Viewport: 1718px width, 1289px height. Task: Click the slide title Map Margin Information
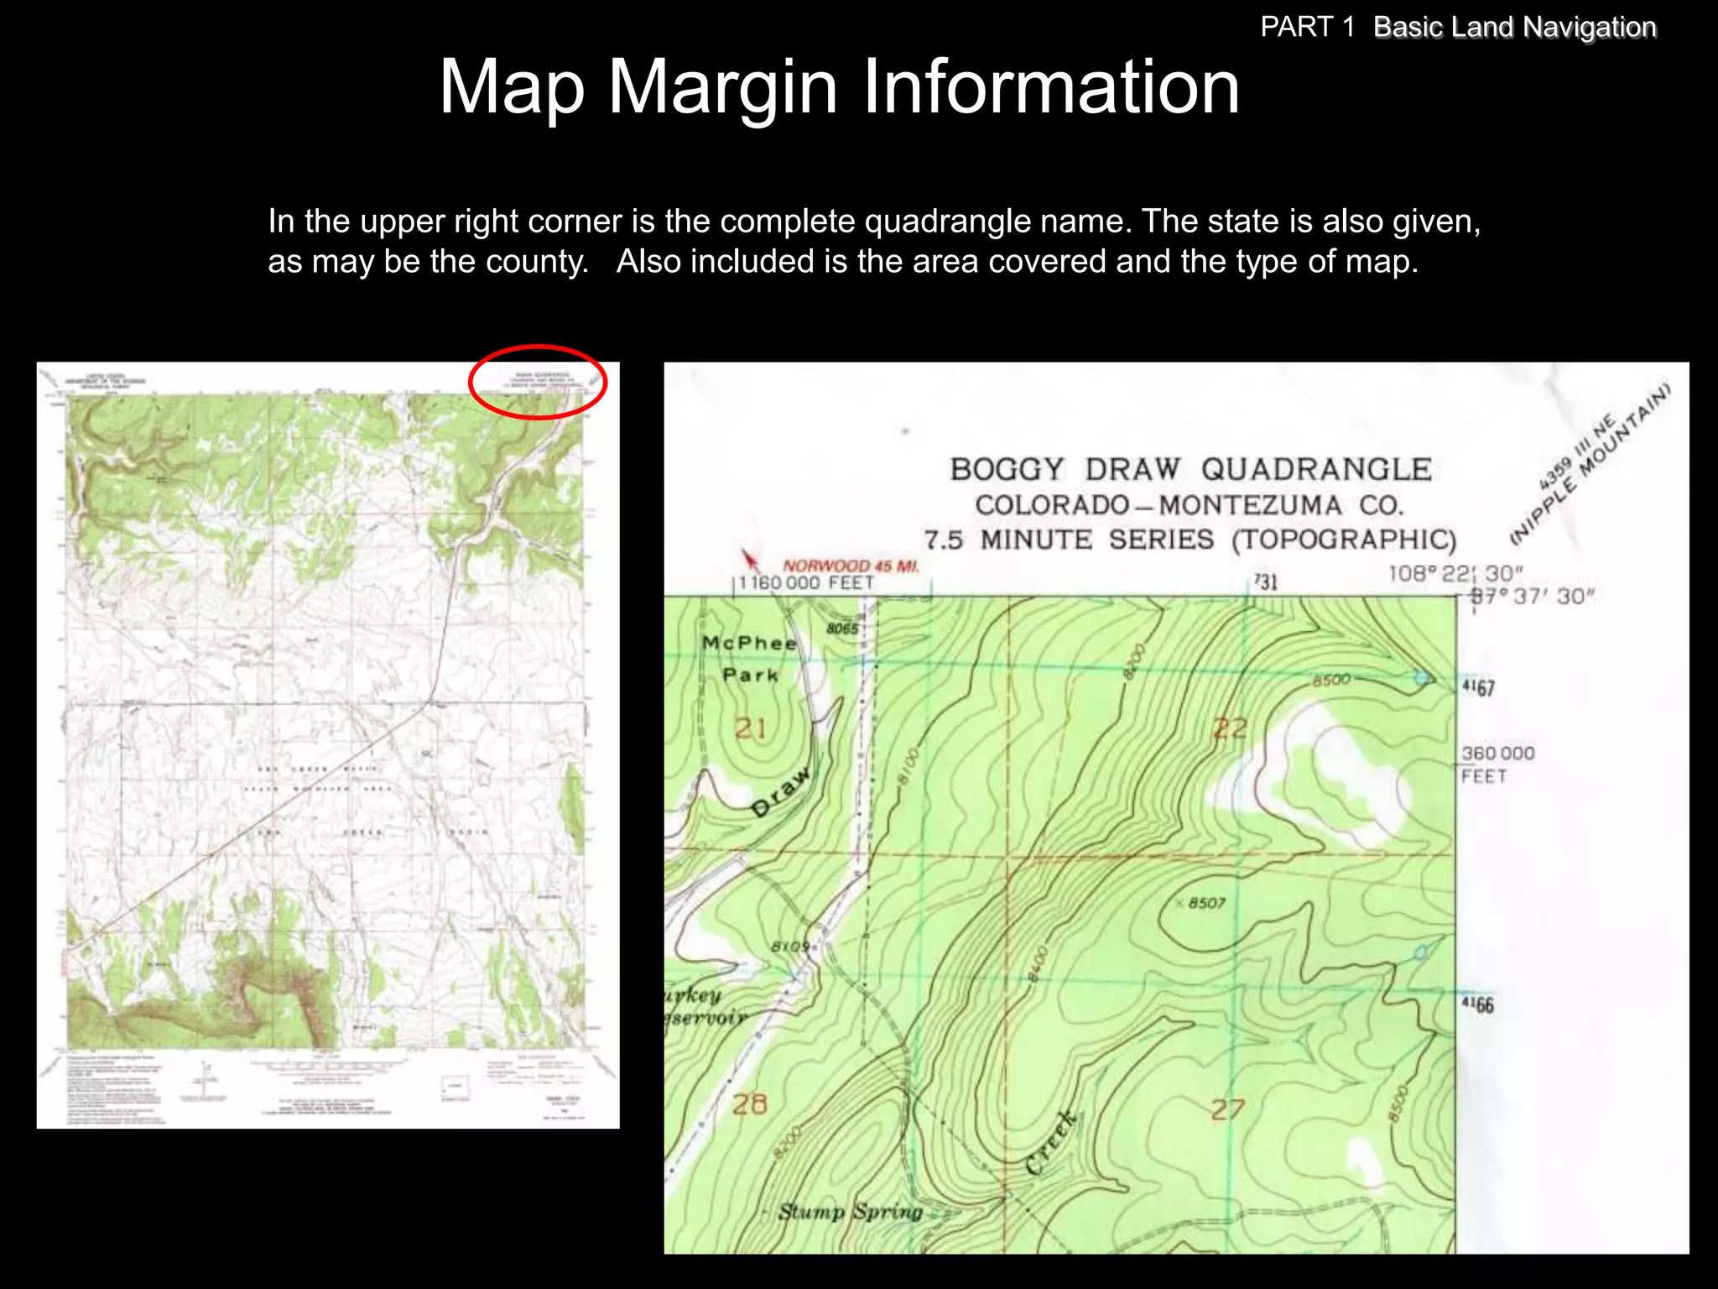(x=839, y=86)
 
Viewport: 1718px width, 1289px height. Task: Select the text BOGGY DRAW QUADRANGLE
(x=1190, y=469)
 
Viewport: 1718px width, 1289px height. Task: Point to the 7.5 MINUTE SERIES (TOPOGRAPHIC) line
(x=1190, y=540)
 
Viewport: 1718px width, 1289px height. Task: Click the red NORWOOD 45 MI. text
(x=851, y=566)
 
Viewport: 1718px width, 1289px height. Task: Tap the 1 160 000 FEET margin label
(x=806, y=583)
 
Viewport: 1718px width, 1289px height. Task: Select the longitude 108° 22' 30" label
(x=1455, y=574)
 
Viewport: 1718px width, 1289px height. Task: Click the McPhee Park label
(x=750, y=659)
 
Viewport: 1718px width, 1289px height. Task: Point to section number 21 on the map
(x=751, y=728)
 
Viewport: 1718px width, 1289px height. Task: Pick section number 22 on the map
(x=1230, y=728)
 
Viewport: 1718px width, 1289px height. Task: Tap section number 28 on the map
(x=749, y=1104)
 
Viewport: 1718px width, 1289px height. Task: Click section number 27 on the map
(x=1226, y=1109)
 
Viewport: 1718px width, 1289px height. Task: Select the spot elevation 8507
(x=1206, y=903)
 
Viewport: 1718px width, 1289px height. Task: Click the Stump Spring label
(x=850, y=1212)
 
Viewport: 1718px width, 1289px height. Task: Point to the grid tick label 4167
(x=1478, y=688)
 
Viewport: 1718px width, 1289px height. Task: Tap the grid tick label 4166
(x=1477, y=1005)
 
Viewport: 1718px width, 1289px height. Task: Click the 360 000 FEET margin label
(x=1497, y=765)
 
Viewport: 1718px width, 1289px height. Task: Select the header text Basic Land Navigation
(x=1514, y=27)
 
